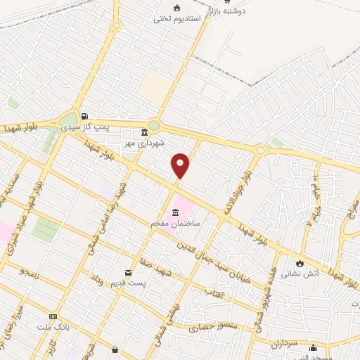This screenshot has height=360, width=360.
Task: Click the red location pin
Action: [181, 165]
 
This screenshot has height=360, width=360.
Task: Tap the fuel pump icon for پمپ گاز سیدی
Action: [85, 117]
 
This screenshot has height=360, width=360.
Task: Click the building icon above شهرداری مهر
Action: [144, 131]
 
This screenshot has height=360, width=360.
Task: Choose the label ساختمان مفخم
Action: [175, 222]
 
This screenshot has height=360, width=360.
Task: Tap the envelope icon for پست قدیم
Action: [127, 272]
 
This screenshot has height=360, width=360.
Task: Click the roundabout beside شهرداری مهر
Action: [154, 125]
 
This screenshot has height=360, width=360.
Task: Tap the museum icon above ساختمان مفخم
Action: [174, 212]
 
